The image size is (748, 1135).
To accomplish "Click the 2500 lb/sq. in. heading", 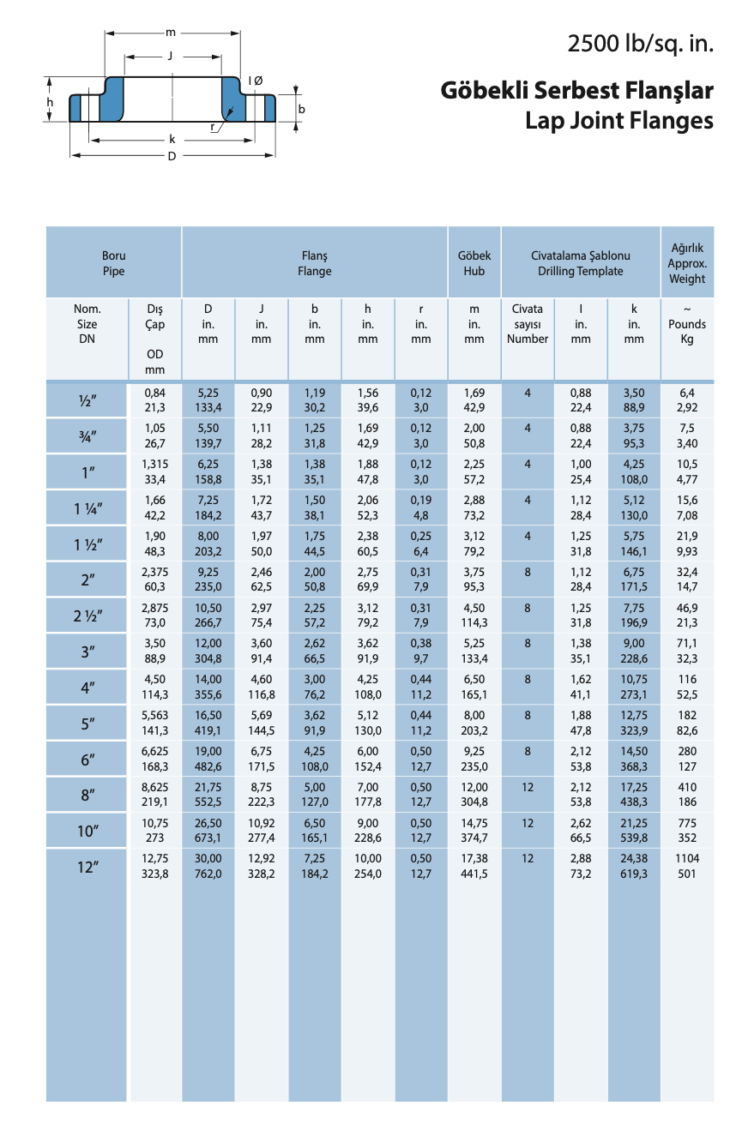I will click(640, 43).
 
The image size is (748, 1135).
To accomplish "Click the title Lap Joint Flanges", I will click(618, 121).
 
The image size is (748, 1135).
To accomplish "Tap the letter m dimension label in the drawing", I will click(171, 33).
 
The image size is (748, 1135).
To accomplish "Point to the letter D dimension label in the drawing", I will click(172, 156).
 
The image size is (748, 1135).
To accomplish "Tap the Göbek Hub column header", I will click(474, 263).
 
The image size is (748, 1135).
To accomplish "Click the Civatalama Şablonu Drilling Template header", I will click(581, 263).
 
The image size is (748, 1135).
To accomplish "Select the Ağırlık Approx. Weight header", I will click(687, 263).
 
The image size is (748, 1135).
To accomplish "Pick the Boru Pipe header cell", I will click(113, 263).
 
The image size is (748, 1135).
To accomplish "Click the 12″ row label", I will click(87, 867).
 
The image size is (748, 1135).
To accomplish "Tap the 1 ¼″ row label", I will click(87, 508).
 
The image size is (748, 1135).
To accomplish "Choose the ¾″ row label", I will click(87, 436).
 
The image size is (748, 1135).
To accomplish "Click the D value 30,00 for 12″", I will click(208, 859).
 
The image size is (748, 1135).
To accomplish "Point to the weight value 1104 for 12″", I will click(687, 859).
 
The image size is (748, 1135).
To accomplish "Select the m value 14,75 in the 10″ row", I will click(474, 823).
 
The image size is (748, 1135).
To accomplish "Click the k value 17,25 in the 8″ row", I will click(634, 787).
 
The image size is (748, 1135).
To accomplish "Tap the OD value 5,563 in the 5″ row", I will click(155, 715).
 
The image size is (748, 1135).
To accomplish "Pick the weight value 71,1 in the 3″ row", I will click(687, 643).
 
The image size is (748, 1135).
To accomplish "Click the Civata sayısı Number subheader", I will click(528, 324).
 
